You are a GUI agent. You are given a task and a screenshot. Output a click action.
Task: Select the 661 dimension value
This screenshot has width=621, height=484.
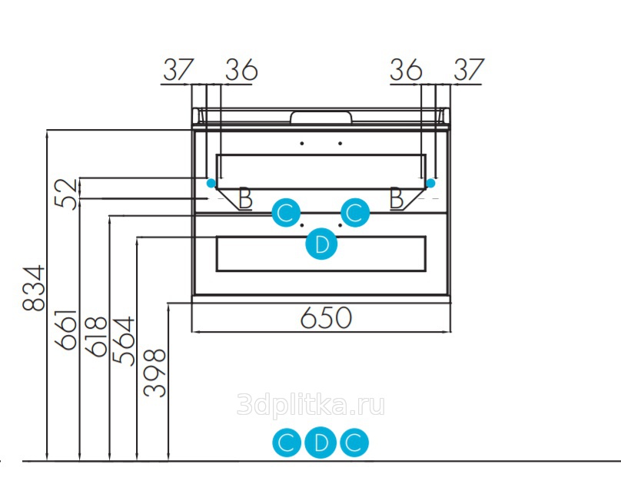coord(68,330)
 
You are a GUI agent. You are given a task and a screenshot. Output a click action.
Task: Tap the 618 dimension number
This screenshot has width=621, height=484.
coord(98,336)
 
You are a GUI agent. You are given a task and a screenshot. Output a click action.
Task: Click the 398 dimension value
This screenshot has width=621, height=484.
coord(155,373)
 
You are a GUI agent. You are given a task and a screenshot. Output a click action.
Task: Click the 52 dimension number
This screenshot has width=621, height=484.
coord(68,194)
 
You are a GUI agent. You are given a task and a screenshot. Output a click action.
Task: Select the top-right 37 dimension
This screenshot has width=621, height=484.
coord(467,70)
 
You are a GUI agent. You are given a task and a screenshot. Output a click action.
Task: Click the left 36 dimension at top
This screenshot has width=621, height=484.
coord(241,70)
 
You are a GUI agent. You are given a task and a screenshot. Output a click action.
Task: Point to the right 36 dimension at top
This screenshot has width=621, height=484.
coord(406,70)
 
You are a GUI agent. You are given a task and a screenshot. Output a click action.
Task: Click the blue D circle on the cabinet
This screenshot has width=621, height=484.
coord(321,245)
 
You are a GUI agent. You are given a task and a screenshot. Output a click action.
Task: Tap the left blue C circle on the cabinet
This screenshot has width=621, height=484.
coord(285,212)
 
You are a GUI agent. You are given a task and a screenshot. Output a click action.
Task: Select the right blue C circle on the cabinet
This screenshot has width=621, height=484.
coord(355,212)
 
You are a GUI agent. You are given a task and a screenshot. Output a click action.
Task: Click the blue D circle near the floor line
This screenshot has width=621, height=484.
coord(321,443)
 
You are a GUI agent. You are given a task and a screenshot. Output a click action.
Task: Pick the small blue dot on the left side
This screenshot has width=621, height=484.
coord(210,183)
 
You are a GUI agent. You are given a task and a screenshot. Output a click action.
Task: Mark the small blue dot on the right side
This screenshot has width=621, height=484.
coord(430,183)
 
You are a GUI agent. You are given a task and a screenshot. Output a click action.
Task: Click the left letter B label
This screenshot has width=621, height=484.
coord(245,198)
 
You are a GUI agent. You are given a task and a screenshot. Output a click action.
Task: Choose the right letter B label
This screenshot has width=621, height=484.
coord(397,198)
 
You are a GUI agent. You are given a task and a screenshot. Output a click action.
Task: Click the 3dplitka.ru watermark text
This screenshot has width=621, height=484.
coord(311,405)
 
